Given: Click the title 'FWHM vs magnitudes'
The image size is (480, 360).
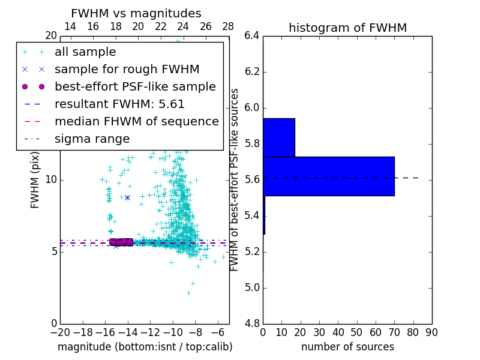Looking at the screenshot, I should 136,13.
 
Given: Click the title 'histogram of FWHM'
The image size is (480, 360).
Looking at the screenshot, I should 347,28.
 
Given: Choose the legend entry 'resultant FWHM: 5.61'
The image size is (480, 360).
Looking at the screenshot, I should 119,104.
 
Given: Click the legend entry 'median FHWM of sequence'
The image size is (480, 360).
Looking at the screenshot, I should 136,121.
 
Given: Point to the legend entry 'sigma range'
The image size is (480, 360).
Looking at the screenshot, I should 92,139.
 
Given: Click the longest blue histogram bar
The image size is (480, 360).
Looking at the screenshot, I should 329,176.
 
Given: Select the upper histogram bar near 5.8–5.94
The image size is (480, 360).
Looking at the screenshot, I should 279,137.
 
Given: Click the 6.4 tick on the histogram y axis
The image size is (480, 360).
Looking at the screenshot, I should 253,36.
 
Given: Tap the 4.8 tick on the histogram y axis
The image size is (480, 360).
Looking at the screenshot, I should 253,324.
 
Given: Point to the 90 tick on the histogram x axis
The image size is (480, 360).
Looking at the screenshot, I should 431,332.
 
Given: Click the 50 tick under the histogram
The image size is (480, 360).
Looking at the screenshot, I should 357,332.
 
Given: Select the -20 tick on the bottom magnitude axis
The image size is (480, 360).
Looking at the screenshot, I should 60,332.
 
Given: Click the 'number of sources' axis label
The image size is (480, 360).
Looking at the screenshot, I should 347,347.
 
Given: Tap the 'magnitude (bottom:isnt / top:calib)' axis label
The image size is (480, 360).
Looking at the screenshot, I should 145,347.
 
